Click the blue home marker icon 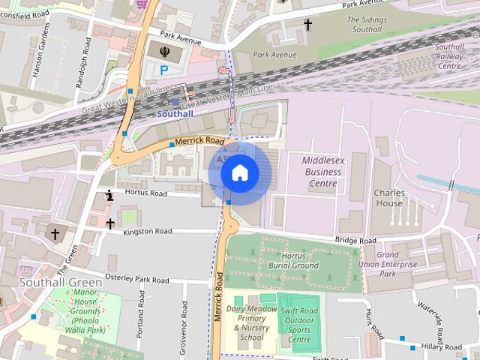(239, 173)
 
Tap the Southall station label (175, 114)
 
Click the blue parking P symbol (164, 70)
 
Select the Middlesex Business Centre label (322, 172)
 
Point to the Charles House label (388, 197)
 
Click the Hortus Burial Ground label (294, 260)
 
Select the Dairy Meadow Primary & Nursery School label (251, 322)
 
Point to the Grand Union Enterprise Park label (397, 264)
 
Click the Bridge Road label (355, 241)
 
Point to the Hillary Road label (442, 347)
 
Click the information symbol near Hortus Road (109, 196)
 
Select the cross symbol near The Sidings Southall (307, 25)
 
